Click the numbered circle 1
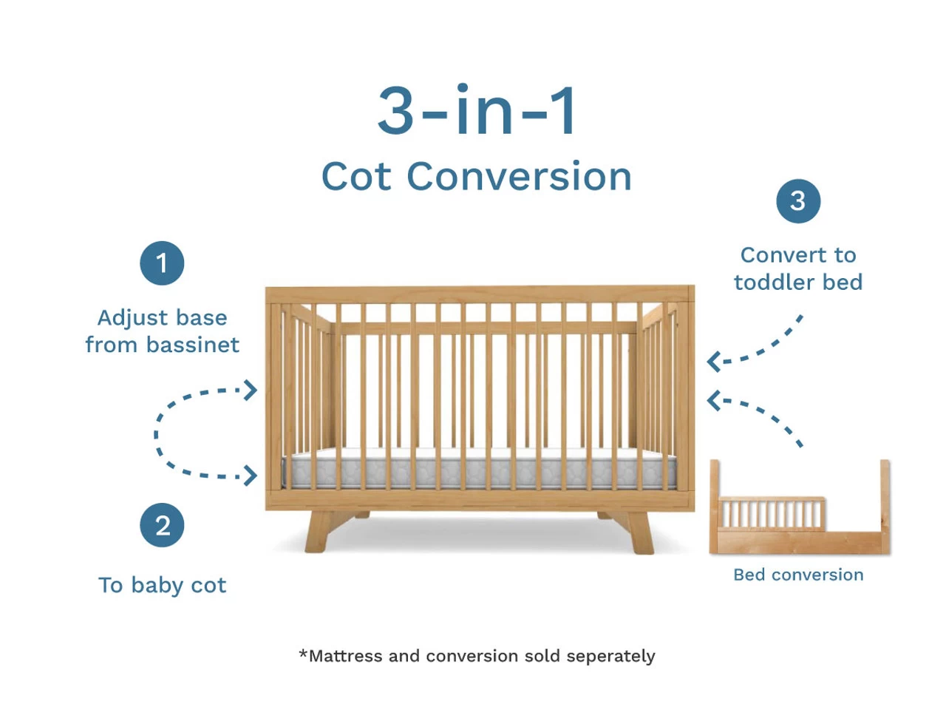162,263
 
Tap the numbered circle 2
162,525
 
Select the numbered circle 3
797,201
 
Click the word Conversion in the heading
519,176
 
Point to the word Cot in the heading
356,176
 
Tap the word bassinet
192,345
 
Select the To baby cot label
162,585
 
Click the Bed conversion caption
798,575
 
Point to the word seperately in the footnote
610,656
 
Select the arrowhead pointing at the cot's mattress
250,476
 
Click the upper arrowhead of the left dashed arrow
250,390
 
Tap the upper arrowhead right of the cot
713,361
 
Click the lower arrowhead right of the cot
713,400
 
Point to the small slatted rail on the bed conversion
772,513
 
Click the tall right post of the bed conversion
885,507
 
